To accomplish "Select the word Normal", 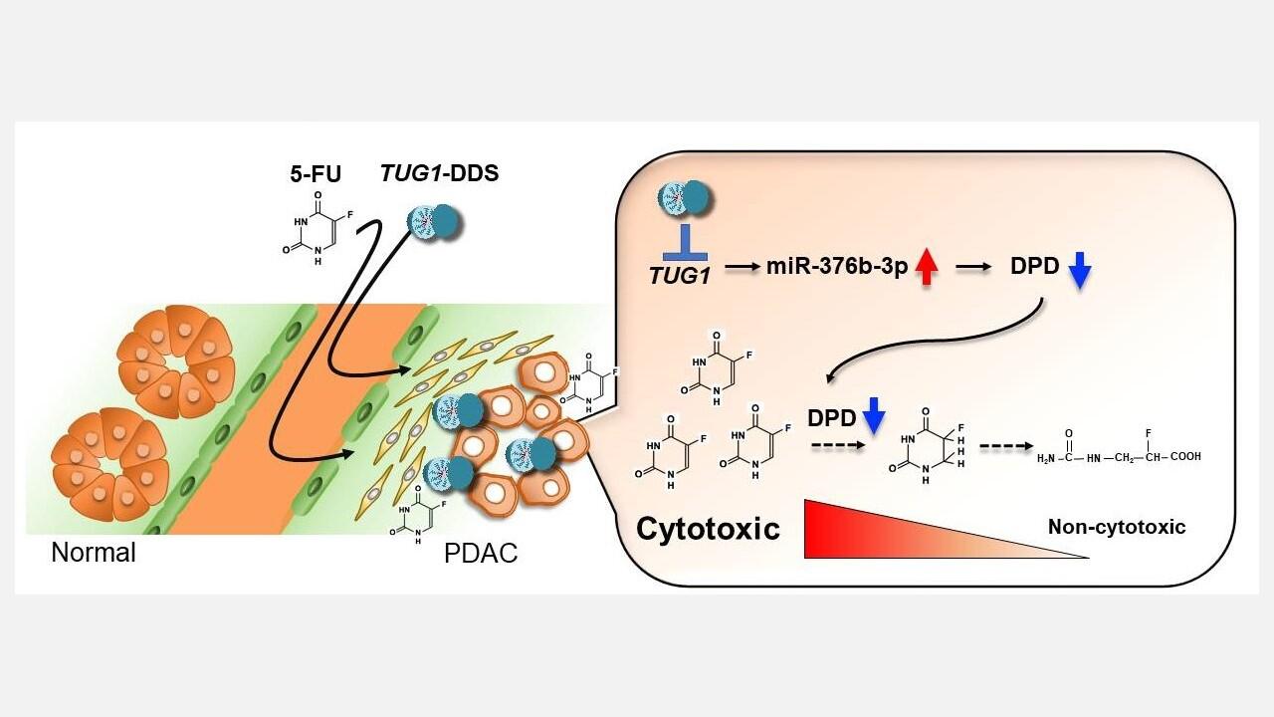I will click(x=94, y=552).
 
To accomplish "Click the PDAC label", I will click(x=481, y=554).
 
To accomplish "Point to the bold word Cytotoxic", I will click(x=708, y=528).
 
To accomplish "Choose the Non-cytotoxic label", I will click(x=1117, y=528).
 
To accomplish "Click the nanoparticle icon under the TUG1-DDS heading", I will click(x=435, y=220).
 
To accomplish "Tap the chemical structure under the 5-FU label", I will click(x=317, y=228).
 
